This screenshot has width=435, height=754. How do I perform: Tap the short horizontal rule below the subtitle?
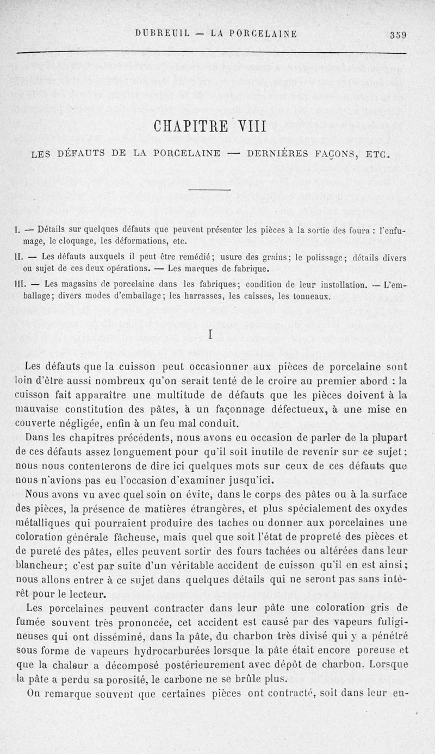[x=210, y=189]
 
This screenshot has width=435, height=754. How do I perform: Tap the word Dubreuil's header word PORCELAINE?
[x=257, y=34]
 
